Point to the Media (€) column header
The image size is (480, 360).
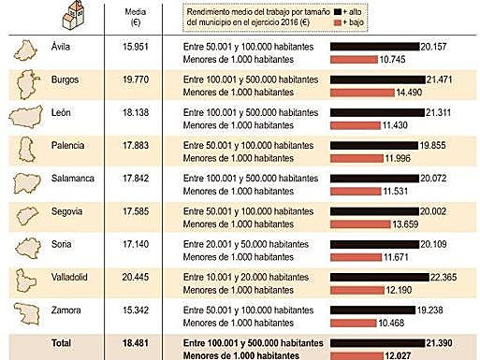pyautogui.click(x=138, y=17)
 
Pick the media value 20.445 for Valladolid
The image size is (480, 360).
pyautogui.click(x=138, y=279)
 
